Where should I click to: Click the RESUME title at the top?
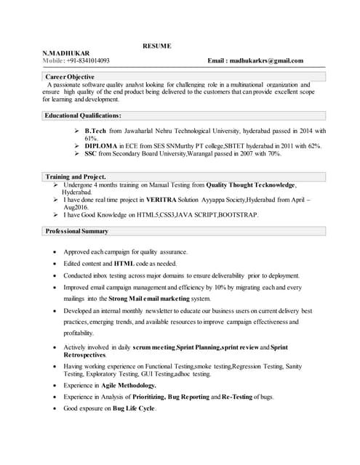point(156,46)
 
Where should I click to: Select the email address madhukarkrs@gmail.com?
point(266,61)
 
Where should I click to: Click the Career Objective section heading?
point(71,76)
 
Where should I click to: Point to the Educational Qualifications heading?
point(82,116)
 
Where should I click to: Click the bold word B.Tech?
point(95,131)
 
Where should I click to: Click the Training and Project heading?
point(75,177)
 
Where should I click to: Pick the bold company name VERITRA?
point(162,199)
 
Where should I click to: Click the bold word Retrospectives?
point(84,355)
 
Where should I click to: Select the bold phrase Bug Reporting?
point(182,397)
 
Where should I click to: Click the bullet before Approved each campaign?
point(56,251)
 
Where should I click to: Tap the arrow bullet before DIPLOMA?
point(77,146)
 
